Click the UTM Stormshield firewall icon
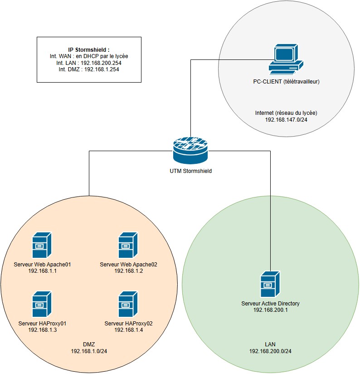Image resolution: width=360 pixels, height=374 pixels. (190, 149)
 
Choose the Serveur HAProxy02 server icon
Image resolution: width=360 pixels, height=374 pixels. (128, 304)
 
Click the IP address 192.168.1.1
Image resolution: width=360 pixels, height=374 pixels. (43, 271)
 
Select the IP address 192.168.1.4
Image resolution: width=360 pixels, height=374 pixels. (128, 330)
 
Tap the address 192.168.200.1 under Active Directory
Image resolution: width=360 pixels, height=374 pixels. (270, 310)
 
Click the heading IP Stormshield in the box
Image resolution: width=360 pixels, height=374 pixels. (89, 49)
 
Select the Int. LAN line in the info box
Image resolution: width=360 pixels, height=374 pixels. (89, 63)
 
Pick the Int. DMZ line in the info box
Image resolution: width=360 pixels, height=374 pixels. (89, 69)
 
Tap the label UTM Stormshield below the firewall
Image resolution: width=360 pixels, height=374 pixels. (190, 171)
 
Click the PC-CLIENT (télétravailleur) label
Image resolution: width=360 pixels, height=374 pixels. (286, 82)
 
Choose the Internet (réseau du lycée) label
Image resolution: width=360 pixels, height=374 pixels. (286, 112)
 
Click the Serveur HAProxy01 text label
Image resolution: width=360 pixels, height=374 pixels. (43, 324)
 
